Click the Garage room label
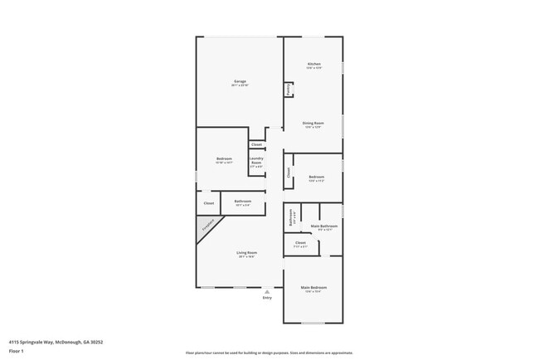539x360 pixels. (239, 81)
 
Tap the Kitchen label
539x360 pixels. (313, 65)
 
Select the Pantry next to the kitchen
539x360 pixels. (288, 89)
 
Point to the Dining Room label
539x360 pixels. (313, 124)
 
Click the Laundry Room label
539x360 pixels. (256, 162)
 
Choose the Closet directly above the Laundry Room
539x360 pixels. (256, 144)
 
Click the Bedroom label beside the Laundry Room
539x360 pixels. (224, 159)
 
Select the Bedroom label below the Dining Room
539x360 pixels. (316, 177)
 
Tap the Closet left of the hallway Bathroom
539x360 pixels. (208, 203)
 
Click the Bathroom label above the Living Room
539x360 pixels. (243, 202)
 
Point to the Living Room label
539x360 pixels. (246, 253)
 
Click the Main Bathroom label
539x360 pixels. (323, 226)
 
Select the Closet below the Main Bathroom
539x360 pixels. (300, 244)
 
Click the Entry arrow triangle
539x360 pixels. (267, 292)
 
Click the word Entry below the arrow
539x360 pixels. (267, 298)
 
